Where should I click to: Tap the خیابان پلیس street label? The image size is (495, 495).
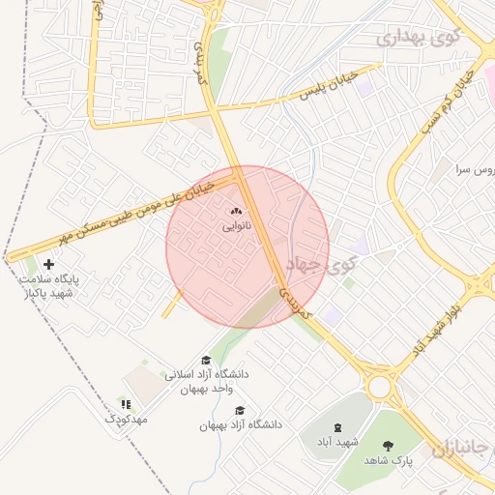[x=329, y=85]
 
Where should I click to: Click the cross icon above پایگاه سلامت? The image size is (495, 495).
[x=48, y=264]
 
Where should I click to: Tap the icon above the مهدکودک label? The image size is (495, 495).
[x=124, y=403]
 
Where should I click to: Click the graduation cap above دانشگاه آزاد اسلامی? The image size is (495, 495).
[x=205, y=360]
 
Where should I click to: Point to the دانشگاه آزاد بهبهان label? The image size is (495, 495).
[x=238, y=425]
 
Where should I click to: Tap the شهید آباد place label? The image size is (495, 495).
[x=337, y=442]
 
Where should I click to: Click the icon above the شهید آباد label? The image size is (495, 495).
[x=337, y=426]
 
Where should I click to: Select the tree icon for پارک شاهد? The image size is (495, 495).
[x=389, y=446]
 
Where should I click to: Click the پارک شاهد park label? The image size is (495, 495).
[x=389, y=461]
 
